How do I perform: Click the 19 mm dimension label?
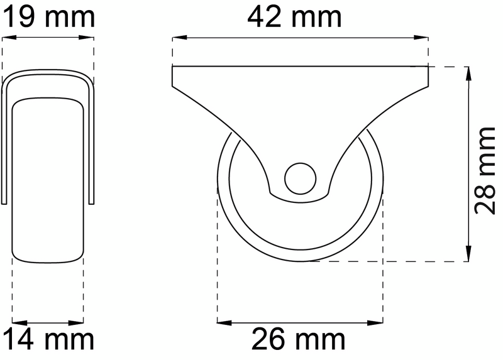click(49, 17)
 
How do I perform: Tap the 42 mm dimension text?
click(295, 17)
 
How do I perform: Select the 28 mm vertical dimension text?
click(485, 170)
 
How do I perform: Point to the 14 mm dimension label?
click(49, 340)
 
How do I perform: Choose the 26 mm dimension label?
click(299, 340)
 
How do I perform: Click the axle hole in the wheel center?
click(299, 177)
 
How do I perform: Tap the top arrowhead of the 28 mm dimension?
click(469, 72)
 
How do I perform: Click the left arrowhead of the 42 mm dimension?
click(178, 38)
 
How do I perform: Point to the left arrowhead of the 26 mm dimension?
click(223, 322)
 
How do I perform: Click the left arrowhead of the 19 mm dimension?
click(9, 38)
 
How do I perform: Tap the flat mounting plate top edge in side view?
click(300, 66)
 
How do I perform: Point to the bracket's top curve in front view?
click(49, 74)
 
